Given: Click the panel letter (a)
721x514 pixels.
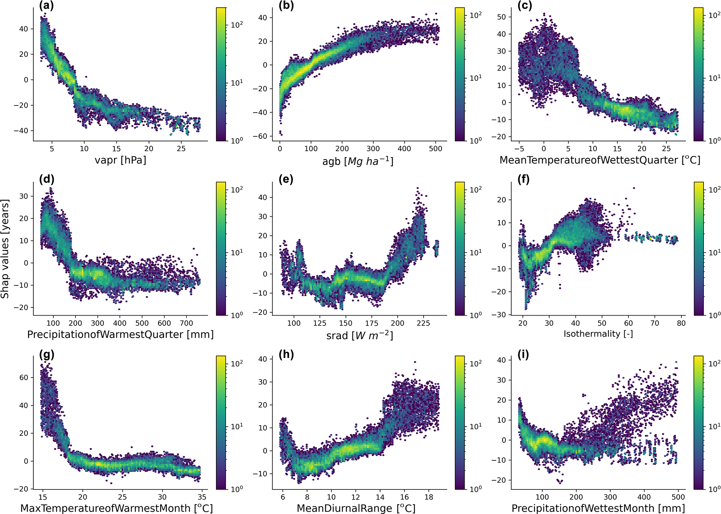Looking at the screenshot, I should point(47,6).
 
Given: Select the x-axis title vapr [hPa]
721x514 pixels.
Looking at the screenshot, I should point(120,160).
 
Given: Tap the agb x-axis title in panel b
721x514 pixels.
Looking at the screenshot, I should point(358,161).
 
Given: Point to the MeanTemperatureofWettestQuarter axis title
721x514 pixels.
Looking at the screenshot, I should point(600,160).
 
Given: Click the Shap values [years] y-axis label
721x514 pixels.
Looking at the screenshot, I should point(5,249).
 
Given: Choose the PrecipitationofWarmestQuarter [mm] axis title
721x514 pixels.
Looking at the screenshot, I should point(120,334).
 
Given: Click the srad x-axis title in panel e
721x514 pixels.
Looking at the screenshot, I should point(359,335).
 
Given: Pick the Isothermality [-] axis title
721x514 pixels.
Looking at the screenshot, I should point(598,334).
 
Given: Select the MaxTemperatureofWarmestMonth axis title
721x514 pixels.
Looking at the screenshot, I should point(116,508).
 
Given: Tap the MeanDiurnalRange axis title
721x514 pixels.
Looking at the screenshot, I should point(356,508).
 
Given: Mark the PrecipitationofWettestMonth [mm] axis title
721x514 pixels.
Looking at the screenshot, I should point(598,508).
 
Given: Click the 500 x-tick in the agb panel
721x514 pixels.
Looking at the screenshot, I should point(436,149).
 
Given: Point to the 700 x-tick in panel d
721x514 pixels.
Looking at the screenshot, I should point(187,323).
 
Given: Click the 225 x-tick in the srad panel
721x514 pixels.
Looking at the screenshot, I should point(423,323).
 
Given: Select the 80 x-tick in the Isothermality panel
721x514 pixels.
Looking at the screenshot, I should point(681,323).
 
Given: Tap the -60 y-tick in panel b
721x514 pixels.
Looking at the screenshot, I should point(260,136).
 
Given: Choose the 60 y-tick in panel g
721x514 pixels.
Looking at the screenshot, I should point(24,378).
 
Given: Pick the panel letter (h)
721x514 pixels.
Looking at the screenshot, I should point(286,354).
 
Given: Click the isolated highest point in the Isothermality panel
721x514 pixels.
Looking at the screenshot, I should point(634,188).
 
